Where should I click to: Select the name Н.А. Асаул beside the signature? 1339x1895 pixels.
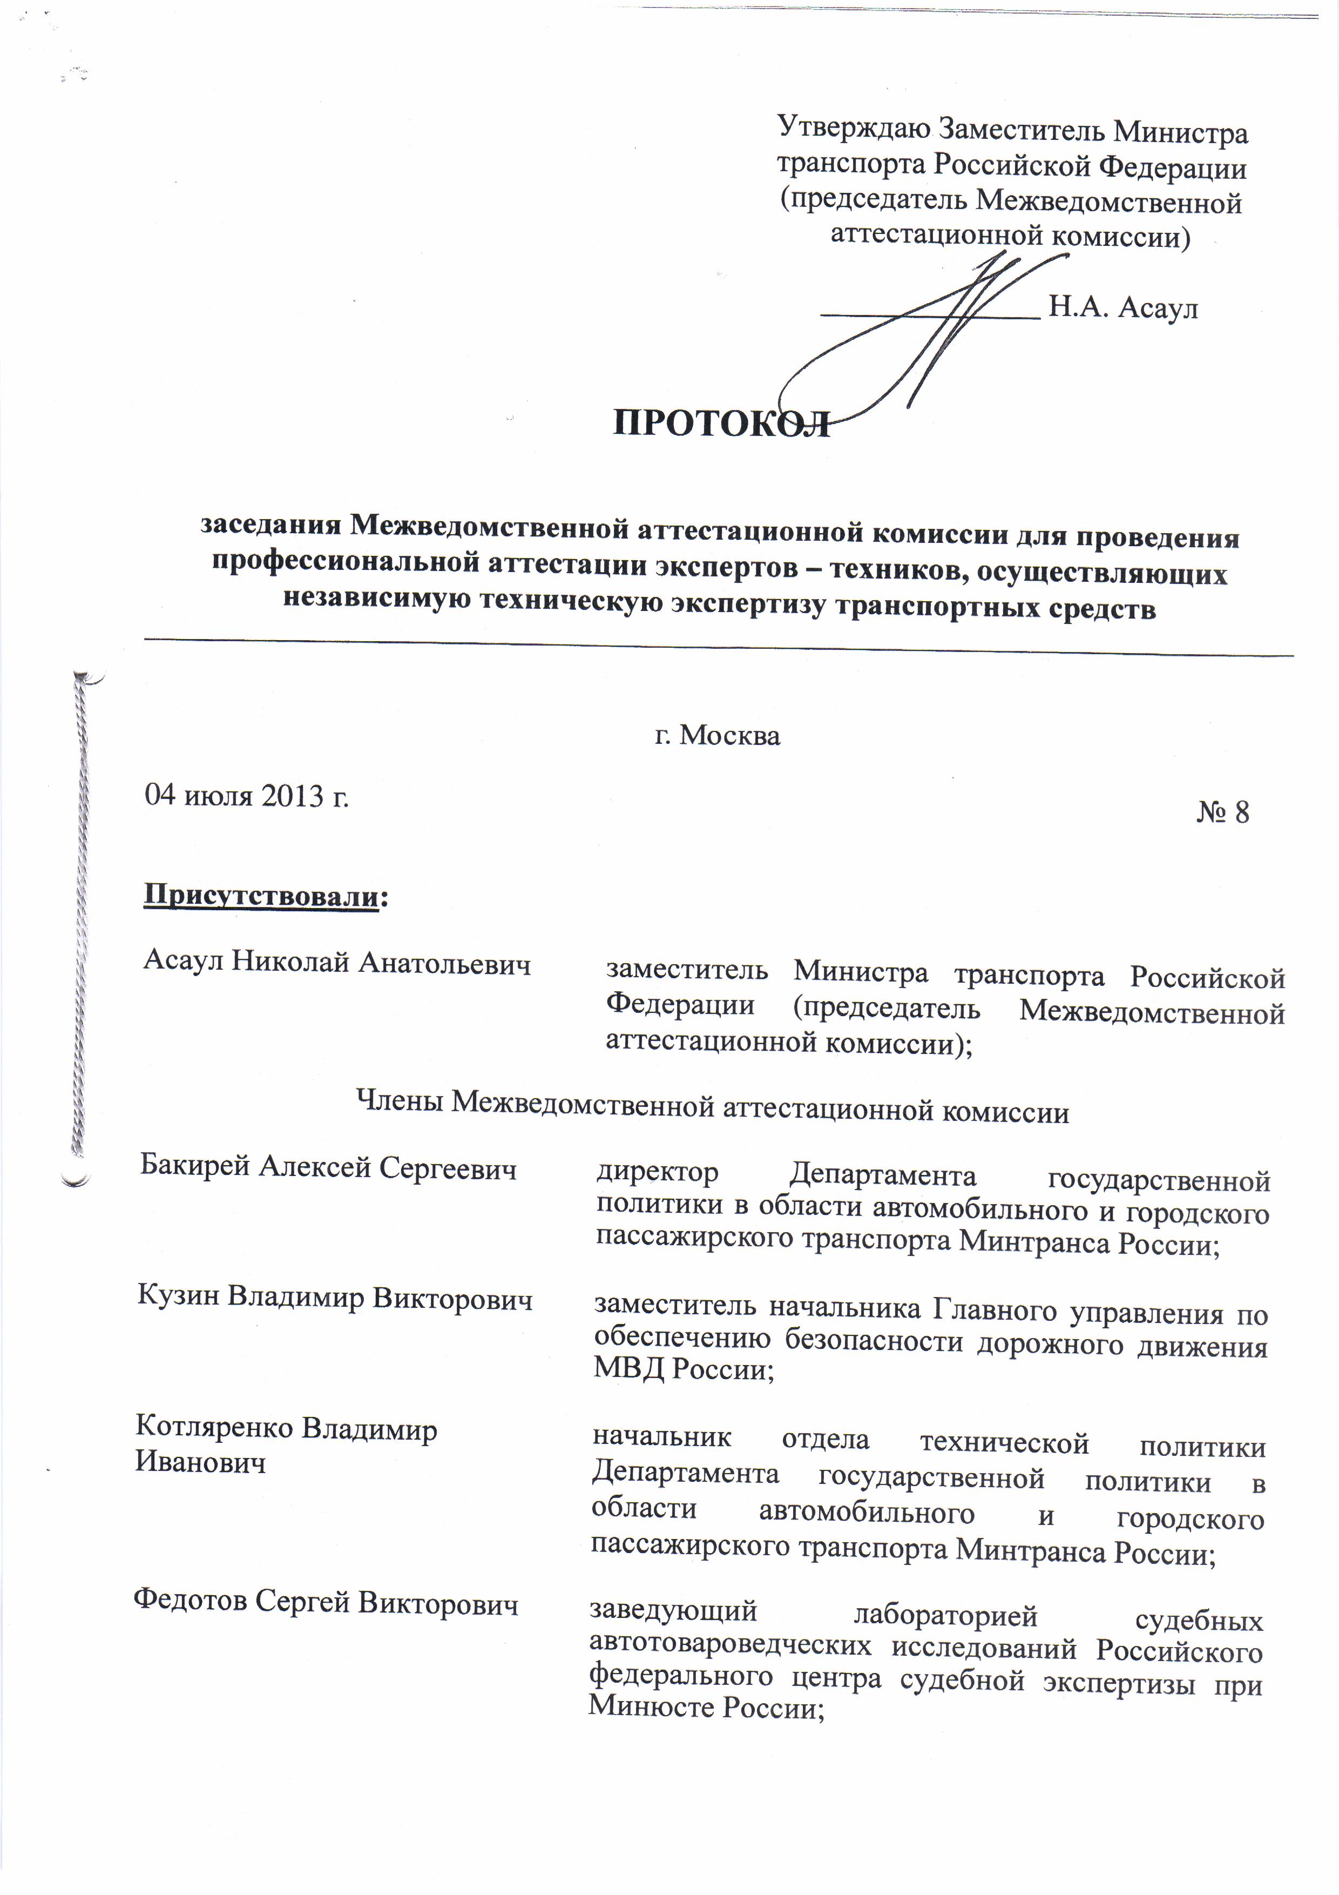point(1123,308)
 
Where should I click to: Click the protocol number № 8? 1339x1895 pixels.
point(1223,813)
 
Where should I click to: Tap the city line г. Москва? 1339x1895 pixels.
point(717,735)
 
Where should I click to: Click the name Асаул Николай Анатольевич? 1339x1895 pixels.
point(336,963)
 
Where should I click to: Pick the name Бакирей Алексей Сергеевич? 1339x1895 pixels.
point(328,1168)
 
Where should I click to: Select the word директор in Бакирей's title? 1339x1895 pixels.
point(657,1172)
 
